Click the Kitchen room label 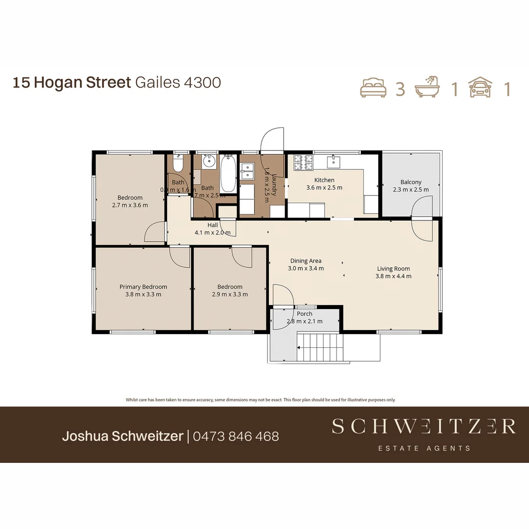point(324,180)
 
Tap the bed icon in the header point(373,88)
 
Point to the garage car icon point(481,88)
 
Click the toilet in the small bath point(178,164)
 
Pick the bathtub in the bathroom point(228,174)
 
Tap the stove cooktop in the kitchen point(303,163)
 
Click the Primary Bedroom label point(143,287)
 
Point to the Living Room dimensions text point(393,276)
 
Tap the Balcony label point(410,182)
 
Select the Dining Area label point(306,261)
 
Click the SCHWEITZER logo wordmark point(423,427)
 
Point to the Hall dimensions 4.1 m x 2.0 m point(212,233)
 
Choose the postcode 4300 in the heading point(202,82)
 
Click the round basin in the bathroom point(210,161)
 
